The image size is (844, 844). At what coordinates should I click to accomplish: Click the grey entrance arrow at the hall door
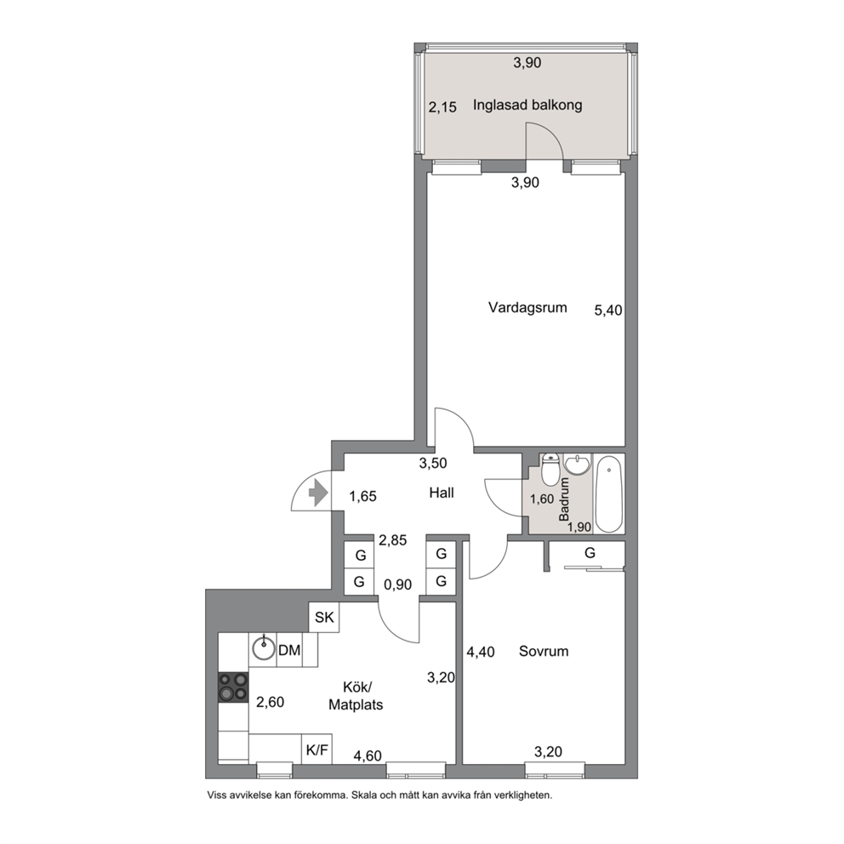click(318, 493)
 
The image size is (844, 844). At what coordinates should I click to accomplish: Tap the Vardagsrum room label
click(527, 308)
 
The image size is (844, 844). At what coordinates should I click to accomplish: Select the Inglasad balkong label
click(527, 105)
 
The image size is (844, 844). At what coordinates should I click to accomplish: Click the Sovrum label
click(544, 652)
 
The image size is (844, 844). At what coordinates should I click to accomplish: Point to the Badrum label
click(564, 499)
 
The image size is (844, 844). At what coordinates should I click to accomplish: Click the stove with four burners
click(234, 687)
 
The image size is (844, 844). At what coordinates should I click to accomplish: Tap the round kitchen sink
click(263, 650)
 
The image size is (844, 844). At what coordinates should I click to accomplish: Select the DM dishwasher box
click(289, 650)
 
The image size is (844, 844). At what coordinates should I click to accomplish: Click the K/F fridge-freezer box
click(316, 750)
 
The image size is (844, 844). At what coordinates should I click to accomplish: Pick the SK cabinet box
click(324, 618)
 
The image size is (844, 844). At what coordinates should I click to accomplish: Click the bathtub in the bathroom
click(609, 494)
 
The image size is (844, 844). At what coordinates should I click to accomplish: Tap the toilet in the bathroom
click(550, 470)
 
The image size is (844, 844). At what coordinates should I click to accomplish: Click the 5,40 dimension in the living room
click(608, 311)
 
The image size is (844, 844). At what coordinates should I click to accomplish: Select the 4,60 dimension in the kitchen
click(368, 756)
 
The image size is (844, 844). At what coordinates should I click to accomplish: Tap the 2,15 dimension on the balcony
click(442, 108)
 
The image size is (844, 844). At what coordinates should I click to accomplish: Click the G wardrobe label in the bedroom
click(590, 553)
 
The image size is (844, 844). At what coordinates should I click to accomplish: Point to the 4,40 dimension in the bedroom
click(481, 653)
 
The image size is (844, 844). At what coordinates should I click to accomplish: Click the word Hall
click(442, 493)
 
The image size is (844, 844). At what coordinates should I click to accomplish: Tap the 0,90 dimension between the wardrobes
click(398, 585)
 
